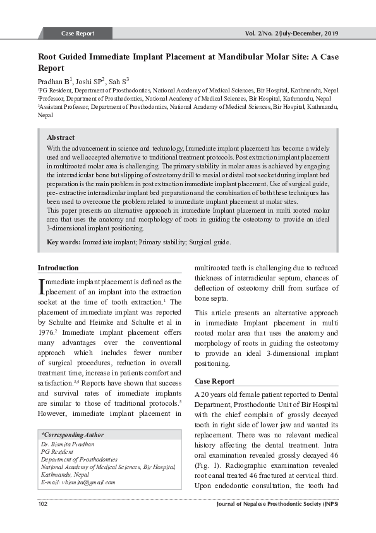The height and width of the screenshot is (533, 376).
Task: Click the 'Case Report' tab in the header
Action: (77, 33)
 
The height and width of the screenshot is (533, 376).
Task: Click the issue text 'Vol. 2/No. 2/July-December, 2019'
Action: (291, 33)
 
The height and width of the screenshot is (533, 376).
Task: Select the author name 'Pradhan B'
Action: (53, 82)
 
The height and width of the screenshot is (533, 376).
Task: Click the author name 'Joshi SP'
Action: (90, 82)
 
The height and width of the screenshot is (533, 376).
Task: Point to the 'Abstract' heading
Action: (61, 137)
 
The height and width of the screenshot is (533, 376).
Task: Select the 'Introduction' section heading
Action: (58, 268)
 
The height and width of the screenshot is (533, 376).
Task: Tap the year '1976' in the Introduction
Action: (48, 332)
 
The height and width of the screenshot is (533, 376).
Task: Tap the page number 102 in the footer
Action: (43, 504)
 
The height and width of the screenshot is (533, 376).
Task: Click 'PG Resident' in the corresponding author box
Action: (57, 452)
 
